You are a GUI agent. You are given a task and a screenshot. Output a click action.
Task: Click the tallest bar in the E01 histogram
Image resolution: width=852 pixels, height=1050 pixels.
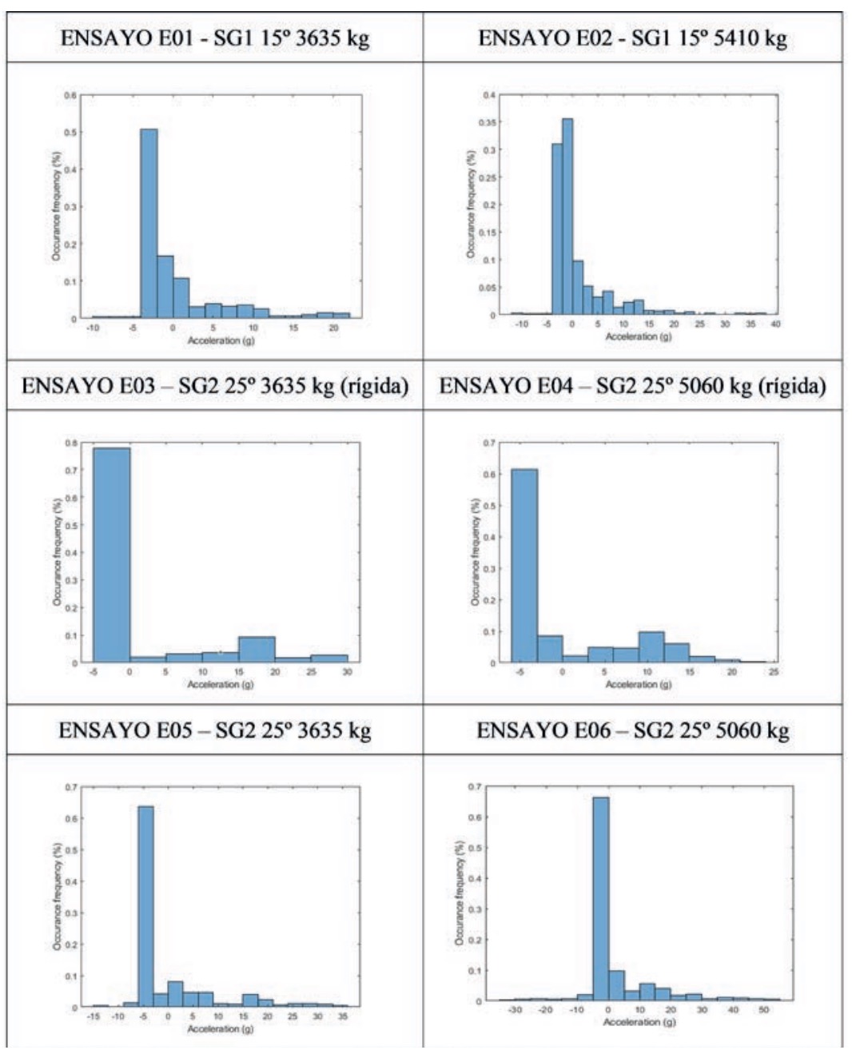(149, 224)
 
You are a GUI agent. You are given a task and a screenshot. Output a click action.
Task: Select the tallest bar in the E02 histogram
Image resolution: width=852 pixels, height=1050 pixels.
(567, 217)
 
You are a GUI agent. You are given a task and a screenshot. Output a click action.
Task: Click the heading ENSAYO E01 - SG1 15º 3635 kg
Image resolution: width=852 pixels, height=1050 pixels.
(215, 38)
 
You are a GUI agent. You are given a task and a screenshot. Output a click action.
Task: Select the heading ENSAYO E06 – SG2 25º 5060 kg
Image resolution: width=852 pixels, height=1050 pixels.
(633, 730)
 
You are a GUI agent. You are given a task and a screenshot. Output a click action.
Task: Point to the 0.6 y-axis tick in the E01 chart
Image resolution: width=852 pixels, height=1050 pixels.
(71, 95)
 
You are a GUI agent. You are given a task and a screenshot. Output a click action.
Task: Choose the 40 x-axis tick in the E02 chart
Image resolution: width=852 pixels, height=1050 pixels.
(775, 324)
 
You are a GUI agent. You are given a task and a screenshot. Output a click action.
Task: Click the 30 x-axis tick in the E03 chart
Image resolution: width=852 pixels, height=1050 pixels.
(347, 672)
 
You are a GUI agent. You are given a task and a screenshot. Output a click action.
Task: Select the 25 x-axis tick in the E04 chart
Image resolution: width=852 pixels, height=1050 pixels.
(774, 672)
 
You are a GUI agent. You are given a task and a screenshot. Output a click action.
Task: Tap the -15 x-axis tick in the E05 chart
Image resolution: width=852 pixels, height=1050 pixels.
(94, 1016)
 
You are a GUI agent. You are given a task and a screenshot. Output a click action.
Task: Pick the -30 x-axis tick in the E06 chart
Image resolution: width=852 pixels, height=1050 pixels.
(515, 1010)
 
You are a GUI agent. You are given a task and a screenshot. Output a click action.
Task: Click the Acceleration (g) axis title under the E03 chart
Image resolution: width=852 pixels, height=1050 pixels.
(220, 685)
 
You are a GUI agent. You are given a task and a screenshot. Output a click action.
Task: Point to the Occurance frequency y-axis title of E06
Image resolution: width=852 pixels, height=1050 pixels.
(460, 893)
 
